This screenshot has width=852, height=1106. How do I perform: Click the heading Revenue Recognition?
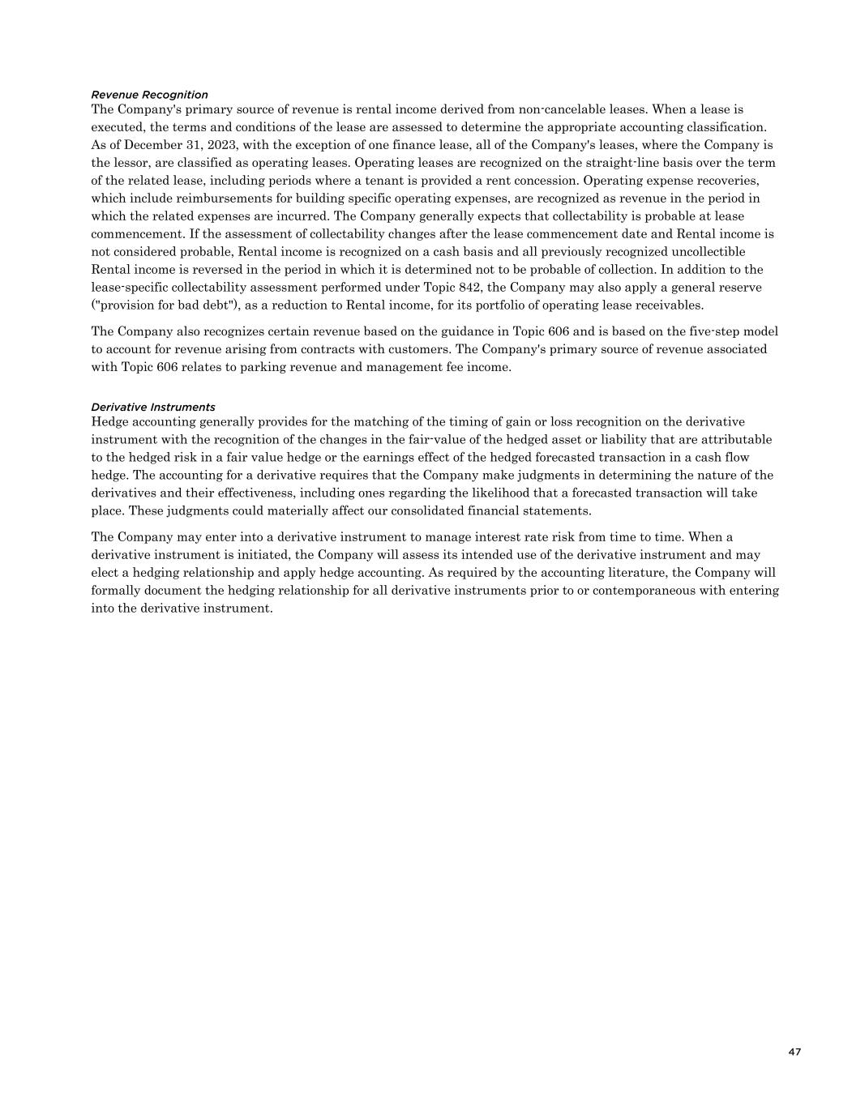tap(149, 95)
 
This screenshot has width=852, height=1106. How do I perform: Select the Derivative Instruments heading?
tap(153, 407)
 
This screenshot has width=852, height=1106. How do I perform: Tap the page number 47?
tap(794, 1052)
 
